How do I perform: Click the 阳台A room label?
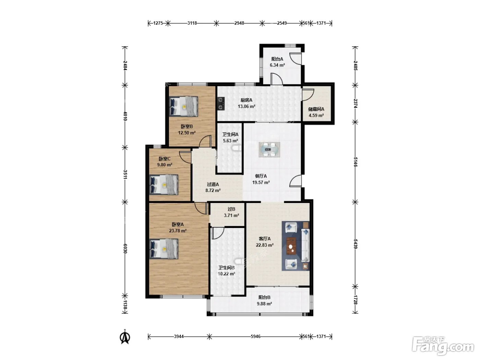(277, 59)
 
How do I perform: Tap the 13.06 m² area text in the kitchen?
(247, 106)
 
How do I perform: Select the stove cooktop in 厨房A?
(221, 104)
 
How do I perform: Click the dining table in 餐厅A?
(269, 149)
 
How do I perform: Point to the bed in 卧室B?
(183, 106)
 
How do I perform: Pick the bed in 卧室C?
(164, 184)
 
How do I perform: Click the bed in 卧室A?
(164, 249)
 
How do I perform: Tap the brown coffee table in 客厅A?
(291, 246)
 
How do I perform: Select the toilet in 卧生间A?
(235, 149)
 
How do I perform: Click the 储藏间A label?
(316, 109)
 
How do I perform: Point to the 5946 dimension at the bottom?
(255, 336)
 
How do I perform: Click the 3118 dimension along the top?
(192, 23)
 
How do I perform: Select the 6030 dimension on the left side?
(125, 249)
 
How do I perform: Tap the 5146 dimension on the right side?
(355, 162)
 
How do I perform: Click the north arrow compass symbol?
(125, 338)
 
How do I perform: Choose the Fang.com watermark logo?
(443, 346)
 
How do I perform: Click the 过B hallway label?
(231, 209)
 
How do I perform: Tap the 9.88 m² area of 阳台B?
(264, 304)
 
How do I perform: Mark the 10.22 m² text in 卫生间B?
(226, 274)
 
